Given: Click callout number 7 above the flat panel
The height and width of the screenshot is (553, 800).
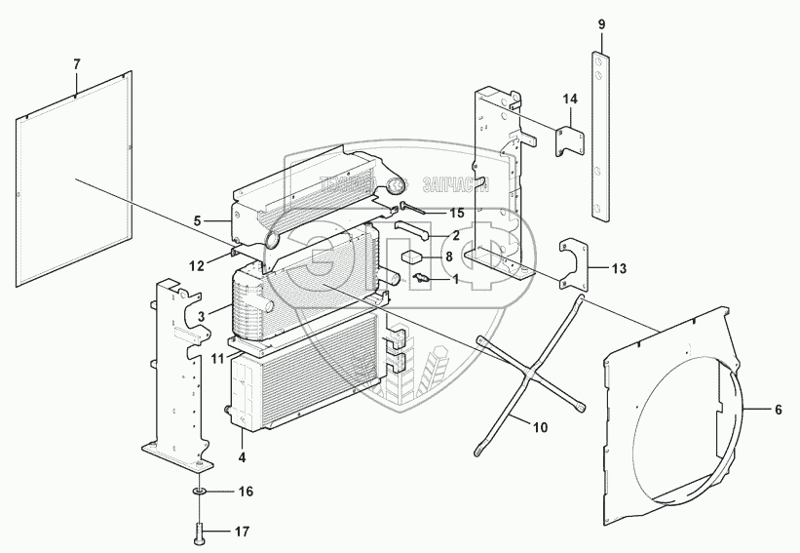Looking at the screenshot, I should point(77,64).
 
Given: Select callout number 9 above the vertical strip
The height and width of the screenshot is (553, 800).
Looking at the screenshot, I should point(601,23).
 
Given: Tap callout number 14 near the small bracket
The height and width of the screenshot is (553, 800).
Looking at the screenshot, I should point(570,99).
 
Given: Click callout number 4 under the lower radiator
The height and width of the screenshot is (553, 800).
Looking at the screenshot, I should point(241,454).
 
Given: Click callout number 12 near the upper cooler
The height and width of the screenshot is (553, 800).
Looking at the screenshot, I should point(196,265).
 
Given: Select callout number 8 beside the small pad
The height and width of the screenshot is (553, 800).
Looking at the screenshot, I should point(449,257).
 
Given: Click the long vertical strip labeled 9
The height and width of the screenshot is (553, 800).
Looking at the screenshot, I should point(600,137).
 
